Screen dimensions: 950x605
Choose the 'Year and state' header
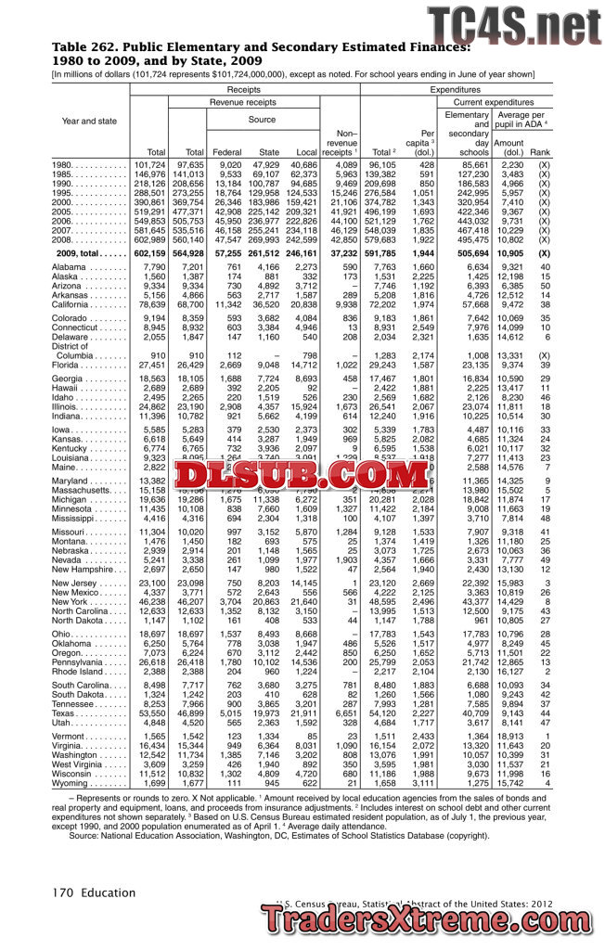point(89,121)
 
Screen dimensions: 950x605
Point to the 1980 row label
point(66,164)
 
